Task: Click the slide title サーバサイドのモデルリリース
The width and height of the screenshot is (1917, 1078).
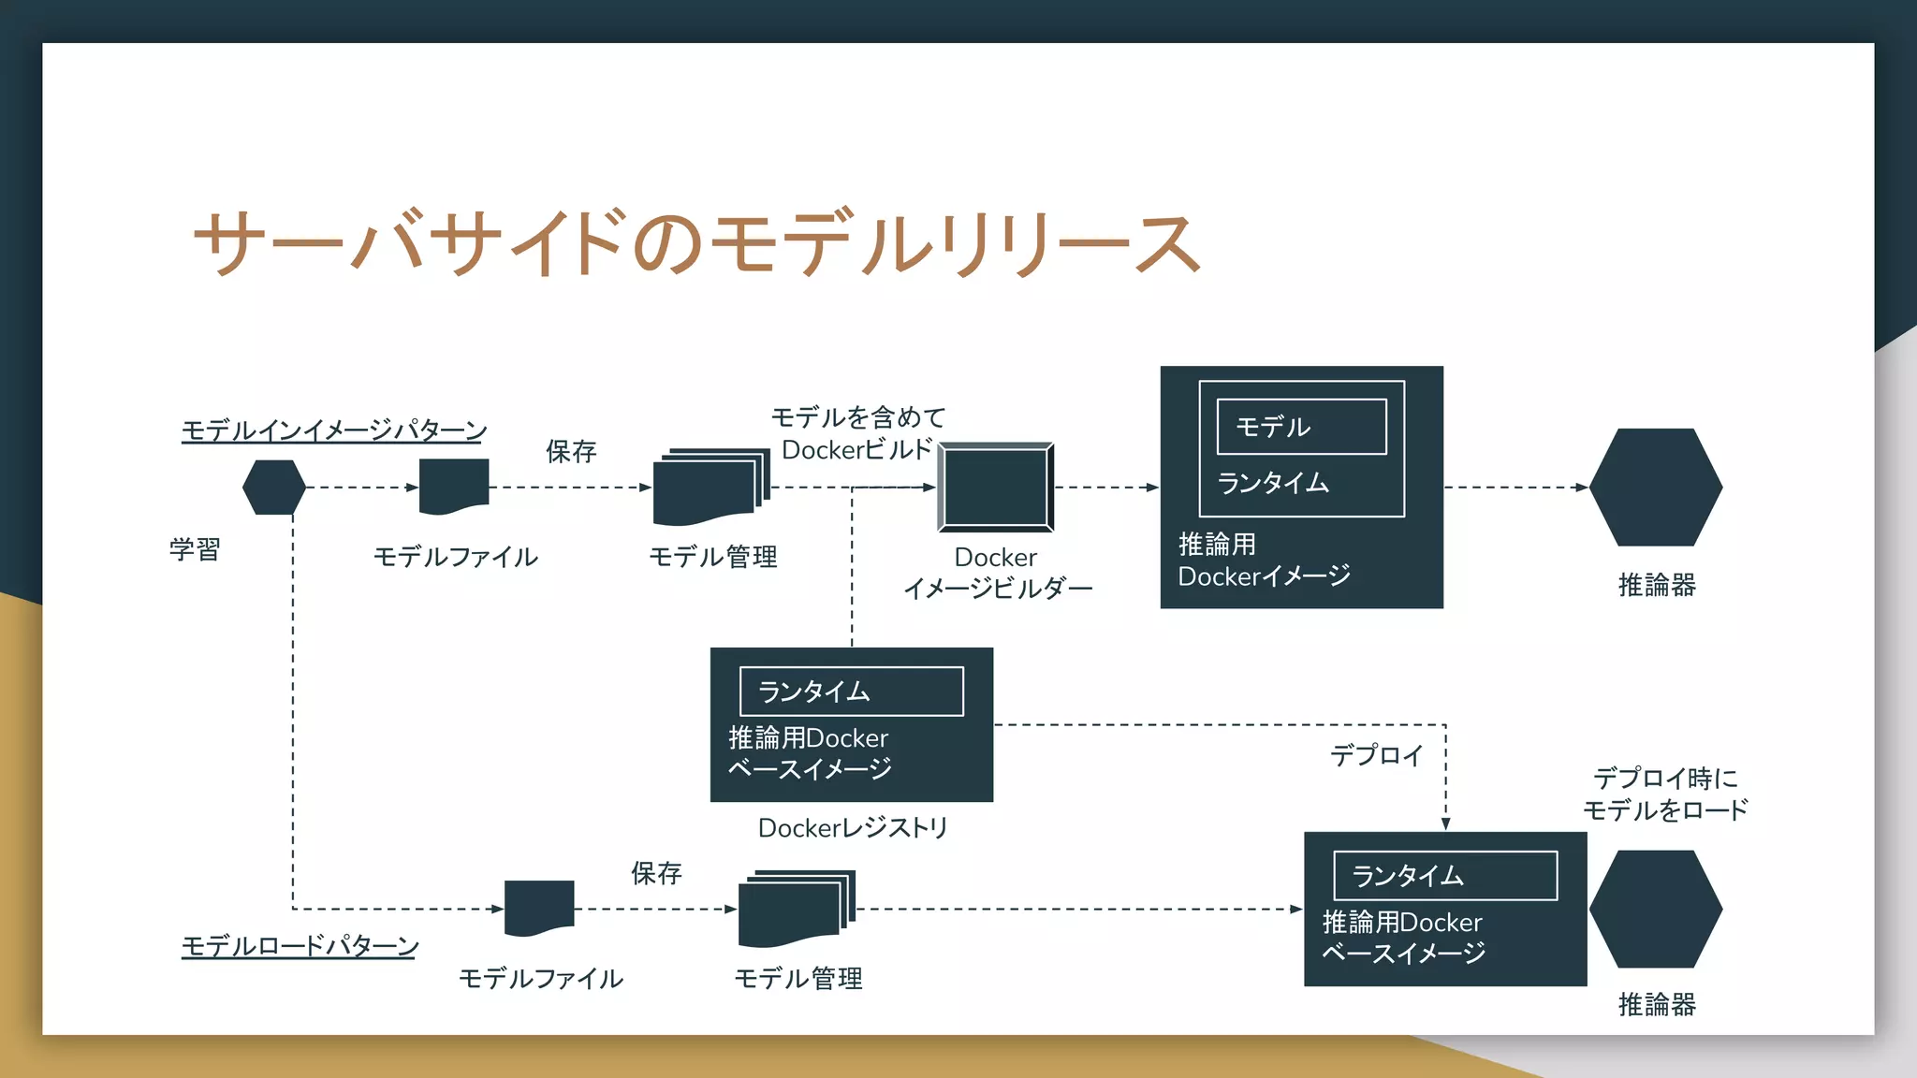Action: point(696,243)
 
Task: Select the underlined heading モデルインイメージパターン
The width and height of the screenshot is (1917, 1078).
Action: point(334,430)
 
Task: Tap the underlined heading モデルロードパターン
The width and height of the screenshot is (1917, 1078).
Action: point(300,945)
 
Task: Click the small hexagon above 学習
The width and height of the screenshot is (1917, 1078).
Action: point(274,487)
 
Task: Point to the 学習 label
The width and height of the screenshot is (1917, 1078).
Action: point(195,549)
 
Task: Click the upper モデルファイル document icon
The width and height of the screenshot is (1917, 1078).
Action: point(454,486)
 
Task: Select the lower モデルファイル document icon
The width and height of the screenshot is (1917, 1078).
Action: point(539,907)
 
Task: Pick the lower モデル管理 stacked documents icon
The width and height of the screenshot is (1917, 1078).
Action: point(796,908)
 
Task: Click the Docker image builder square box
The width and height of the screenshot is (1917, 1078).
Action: point(996,487)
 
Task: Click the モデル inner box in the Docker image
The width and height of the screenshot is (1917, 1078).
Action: point(1301,427)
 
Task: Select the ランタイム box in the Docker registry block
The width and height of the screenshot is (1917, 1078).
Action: point(851,692)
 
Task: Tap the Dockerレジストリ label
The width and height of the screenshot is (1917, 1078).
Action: point(853,828)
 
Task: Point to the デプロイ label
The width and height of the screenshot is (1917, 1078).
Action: point(1376,755)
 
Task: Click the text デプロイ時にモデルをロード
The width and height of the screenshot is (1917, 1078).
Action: point(1665,794)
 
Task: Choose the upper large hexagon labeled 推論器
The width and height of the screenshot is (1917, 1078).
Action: point(1655,487)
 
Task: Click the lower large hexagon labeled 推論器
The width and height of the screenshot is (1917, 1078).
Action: point(1655,909)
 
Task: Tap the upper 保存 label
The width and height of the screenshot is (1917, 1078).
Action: point(571,452)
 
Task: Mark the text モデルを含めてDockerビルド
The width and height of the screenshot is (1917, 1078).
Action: point(857,433)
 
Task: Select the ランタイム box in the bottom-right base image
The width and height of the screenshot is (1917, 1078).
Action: point(1444,876)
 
